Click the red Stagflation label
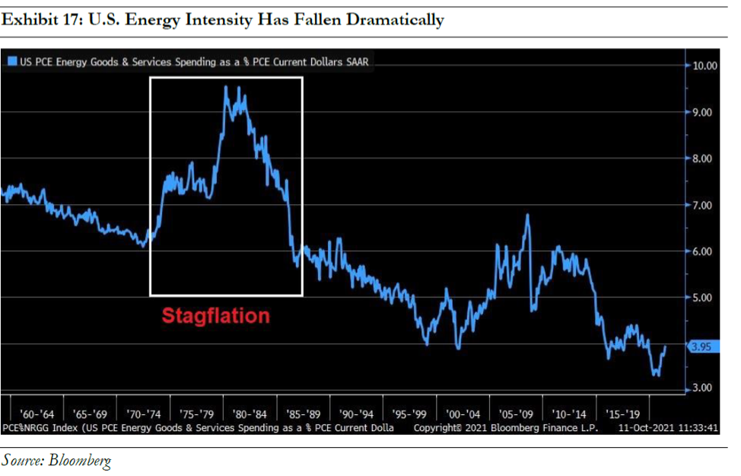point(215,315)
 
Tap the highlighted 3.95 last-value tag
point(700,347)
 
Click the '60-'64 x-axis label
point(38,415)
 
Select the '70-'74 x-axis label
point(144,415)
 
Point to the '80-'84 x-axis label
point(250,415)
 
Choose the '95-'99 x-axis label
point(410,415)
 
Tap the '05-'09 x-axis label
point(517,415)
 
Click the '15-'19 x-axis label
point(622,415)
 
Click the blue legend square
point(12,62)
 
